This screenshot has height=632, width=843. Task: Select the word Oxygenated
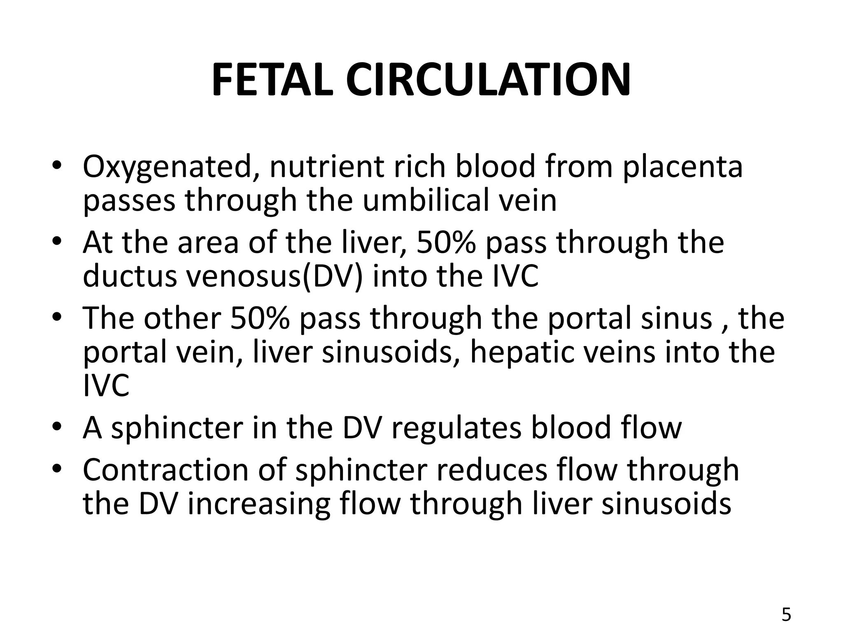coord(171,167)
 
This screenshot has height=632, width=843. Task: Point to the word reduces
coord(492,469)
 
